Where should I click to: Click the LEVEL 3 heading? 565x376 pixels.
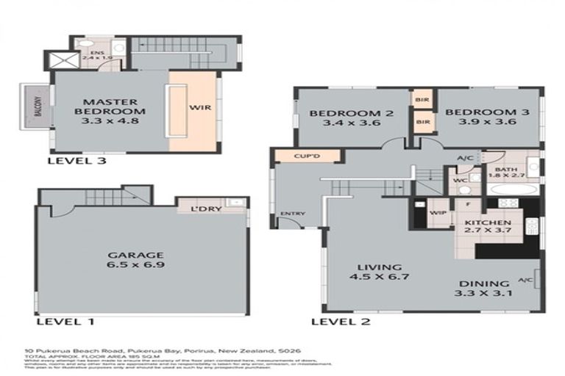click(x=73, y=160)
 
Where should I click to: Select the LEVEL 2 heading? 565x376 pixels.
click(x=341, y=321)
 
